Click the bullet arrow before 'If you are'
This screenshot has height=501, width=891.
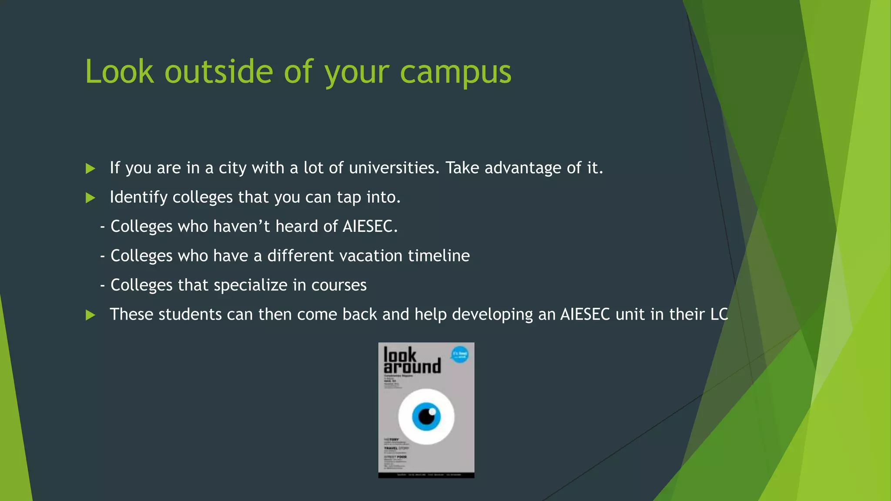point(90,169)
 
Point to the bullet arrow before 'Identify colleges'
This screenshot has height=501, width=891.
point(90,198)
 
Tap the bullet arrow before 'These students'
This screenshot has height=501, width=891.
point(90,315)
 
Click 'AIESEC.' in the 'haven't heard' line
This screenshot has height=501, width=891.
point(370,227)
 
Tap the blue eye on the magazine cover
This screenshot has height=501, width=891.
point(426,416)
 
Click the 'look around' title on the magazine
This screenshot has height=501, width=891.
point(412,361)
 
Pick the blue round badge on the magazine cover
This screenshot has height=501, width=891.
point(459,354)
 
